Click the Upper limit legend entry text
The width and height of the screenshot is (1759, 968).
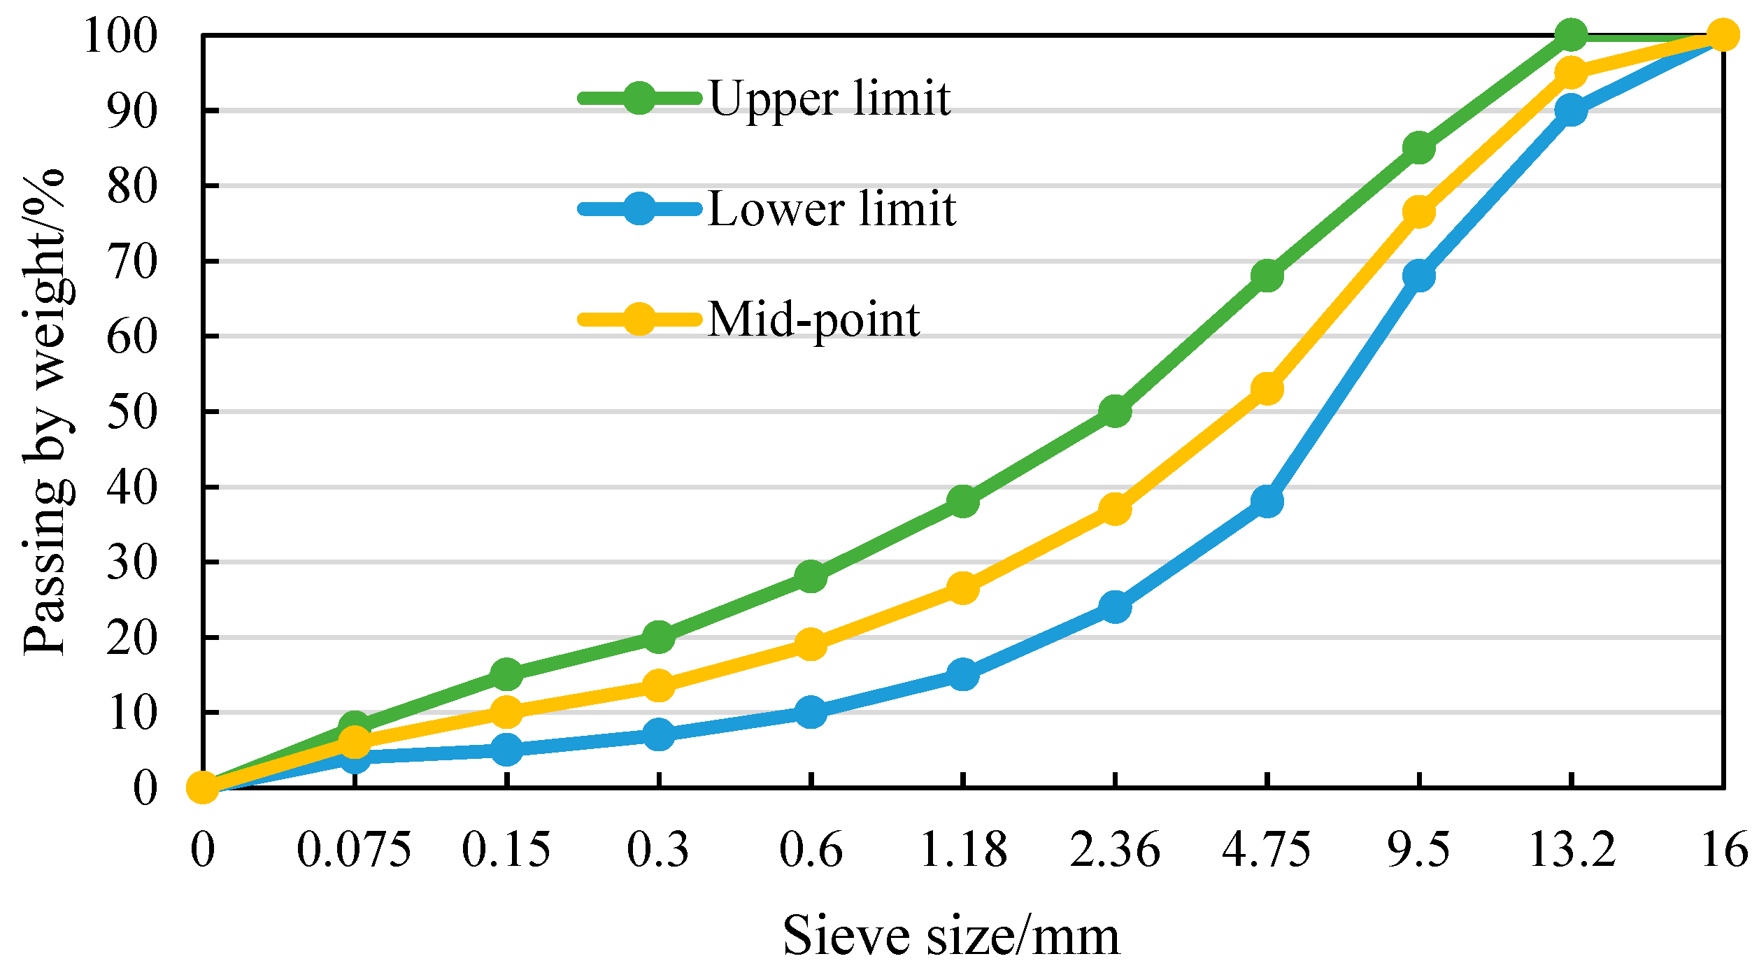pos(829,98)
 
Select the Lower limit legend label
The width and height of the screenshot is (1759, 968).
pos(832,208)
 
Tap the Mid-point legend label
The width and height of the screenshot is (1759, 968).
pos(813,320)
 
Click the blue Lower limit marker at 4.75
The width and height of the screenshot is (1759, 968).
pos(1267,501)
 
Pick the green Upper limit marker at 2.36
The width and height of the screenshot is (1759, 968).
pos(1115,411)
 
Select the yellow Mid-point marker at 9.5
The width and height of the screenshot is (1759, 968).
pos(1419,212)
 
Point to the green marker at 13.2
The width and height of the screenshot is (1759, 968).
pos(1572,35)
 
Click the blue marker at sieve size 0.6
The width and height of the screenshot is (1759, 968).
pos(811,712)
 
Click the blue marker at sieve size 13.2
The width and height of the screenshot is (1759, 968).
pos(1572,110)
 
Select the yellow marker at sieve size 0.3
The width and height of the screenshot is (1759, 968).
pos(659,685)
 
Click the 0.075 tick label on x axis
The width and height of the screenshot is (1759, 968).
pos(354,851)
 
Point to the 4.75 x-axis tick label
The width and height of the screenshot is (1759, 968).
pos(1267,851)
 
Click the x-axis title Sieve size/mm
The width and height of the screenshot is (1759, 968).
pos(951,936)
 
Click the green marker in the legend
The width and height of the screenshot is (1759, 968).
pos(639,98)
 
